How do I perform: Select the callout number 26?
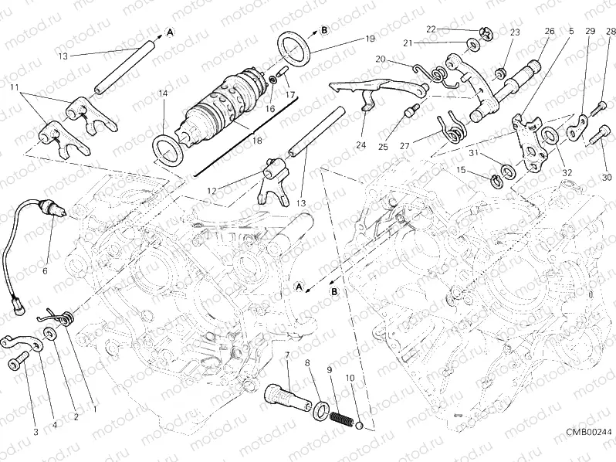point(549,31)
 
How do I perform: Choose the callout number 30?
point(607,178)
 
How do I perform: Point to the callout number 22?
point(432,29)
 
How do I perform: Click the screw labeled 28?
point(600,110)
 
